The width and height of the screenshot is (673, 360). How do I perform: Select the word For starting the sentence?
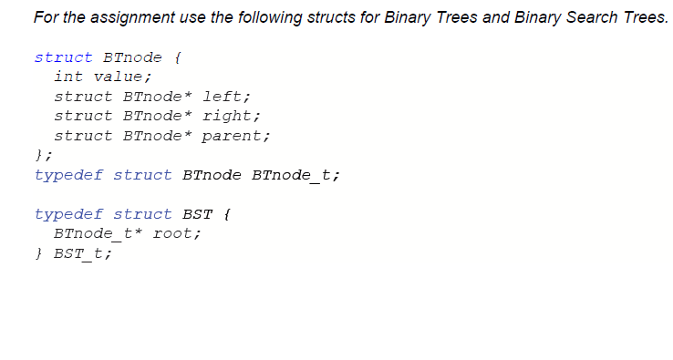pyautogui.click(x=45, y=17)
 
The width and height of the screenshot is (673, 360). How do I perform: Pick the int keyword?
pyautogui.click(x=68, y=77)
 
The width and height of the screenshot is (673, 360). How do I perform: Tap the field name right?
pyautogui.click(x=231, y=116)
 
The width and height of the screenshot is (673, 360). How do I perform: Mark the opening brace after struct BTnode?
pyautogui.click(x=177, y=57)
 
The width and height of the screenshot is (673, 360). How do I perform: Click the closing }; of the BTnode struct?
pyautogui.click(x=43, y=155)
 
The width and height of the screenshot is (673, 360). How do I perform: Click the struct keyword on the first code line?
pyautogui.click(x=63, y=57)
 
